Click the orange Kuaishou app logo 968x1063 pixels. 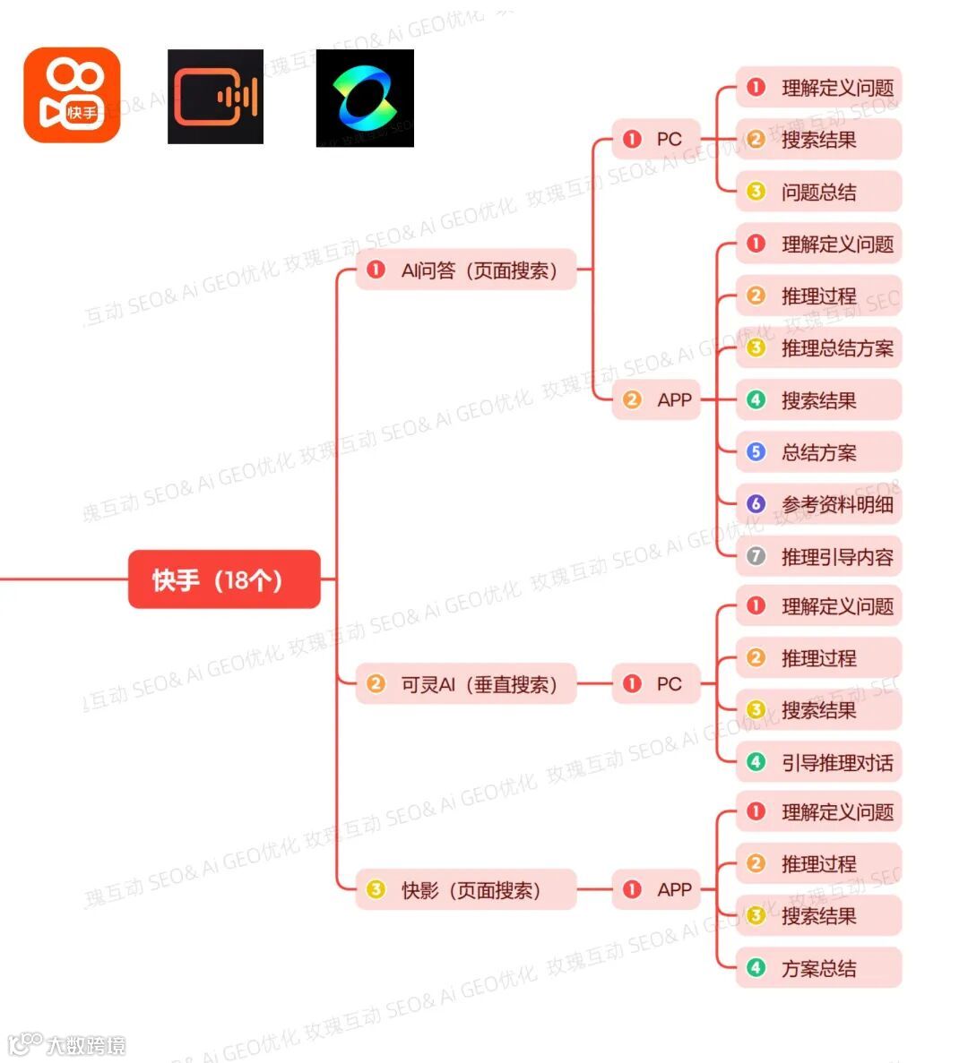[x=72, y=96]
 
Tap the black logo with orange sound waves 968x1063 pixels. [x=215, y=97]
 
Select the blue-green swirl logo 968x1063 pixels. [x=365, y=98]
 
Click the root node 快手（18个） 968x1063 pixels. [x=224, y=579]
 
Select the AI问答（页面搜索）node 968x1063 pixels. [x=465, y=270]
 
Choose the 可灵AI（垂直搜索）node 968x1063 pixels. [x=465, y=684]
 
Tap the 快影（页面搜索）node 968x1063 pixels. [x=465, y=890]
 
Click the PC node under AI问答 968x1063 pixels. [x=655, y=139]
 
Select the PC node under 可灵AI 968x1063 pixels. [x=655, y=684]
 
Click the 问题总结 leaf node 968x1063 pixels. [x=817, y=192]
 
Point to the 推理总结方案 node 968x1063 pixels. [x=817, y=348]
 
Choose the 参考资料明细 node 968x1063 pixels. [x=817, y=504]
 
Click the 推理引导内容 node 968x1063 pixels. [x=817, y=557]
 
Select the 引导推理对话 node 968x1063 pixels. [x=817, y=763]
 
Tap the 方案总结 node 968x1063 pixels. [x=817, y=968]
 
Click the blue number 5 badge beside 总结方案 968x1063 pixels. [x=756, y=452]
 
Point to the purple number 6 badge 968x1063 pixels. [x=756, y=504]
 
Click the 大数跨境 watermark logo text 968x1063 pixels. [x=85, y=1045]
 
